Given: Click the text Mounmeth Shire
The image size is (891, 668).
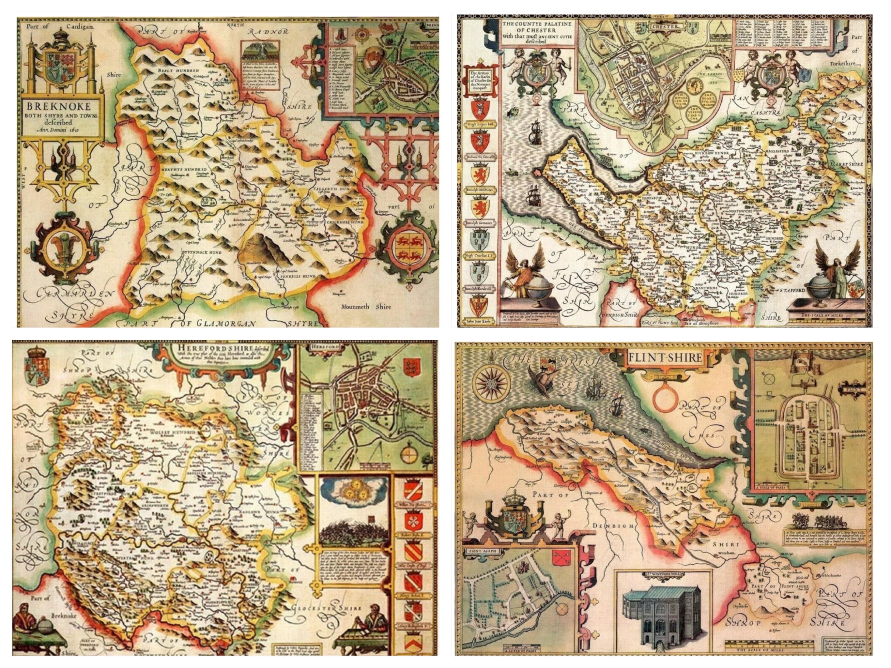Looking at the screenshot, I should coord(366,306).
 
